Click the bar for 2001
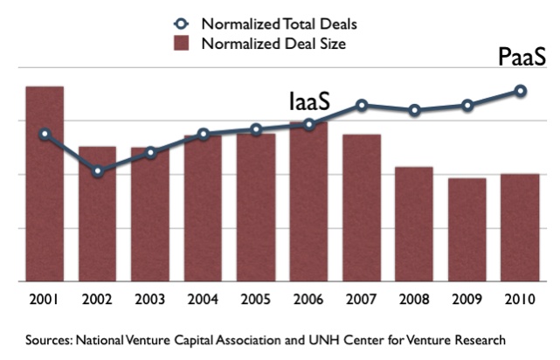pyautogui.click(x=45, y=183)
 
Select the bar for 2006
pyautogui.click(x=308, y=202)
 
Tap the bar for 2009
pyautogui.click(x=467, y=230)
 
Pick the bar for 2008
pyautogui.click(x=414, y=225)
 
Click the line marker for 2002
pyautogui.click(x=98, y=171)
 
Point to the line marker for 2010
pyautogui.click(x=520, y=90)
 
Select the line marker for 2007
pyautogui.click(x=362, y=105)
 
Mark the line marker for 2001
pyautogui.click(x=45, y=135)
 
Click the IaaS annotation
pyautogui.click(x=309, y=102)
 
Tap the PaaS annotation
pyautogui.click(x=522, y=58)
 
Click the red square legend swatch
pyautogui.click(x=180, y=44)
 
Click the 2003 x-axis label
pyautogui.click(x=150, y=299)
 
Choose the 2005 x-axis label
pyautogui.click(x=256, y=299)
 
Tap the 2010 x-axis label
pyautogui.click(x=520, y=299)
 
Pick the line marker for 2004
pyautogui.click(x=203, y=135)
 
